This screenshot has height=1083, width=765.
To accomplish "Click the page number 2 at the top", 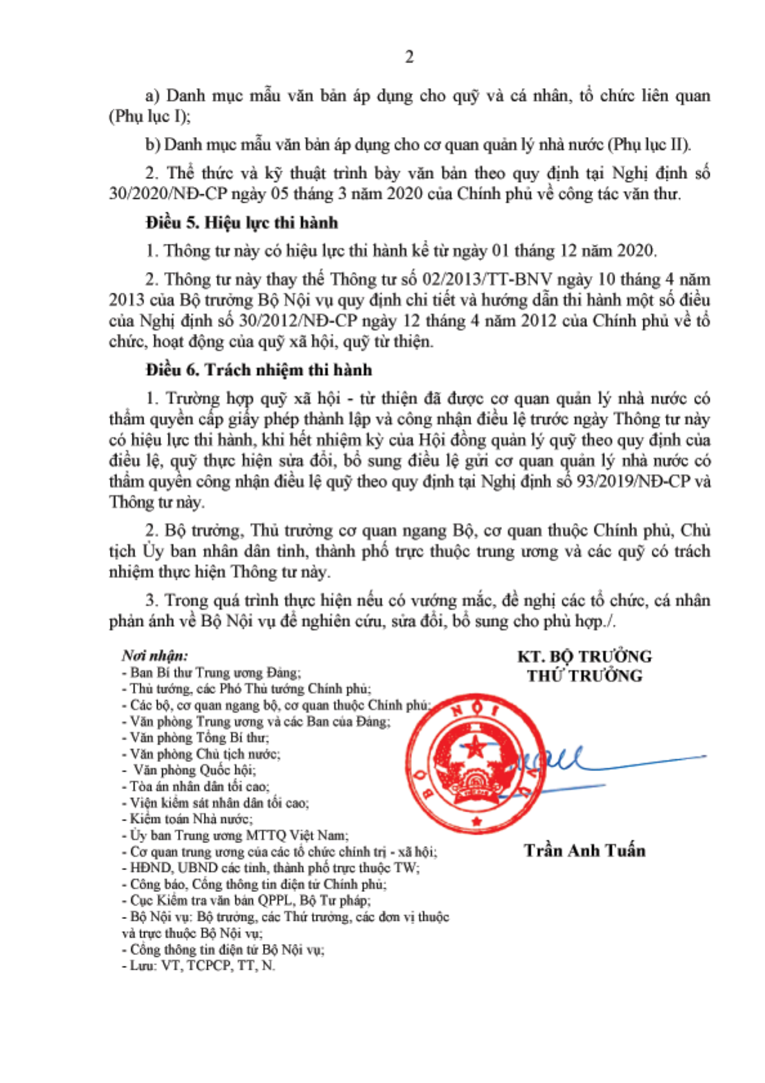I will point(409,57).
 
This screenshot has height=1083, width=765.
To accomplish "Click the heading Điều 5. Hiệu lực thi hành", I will point(242,223).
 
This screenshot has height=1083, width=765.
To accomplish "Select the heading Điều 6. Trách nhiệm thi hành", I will point(258,370).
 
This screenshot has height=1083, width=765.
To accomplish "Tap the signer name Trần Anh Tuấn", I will point(584,850).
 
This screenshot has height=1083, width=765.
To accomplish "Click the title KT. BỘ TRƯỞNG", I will point(584,656).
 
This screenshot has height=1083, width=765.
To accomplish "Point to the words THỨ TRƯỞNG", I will point(584,675).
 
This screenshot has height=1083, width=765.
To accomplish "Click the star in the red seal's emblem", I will point(475,747).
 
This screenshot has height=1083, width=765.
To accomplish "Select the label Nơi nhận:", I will point(155,655).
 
